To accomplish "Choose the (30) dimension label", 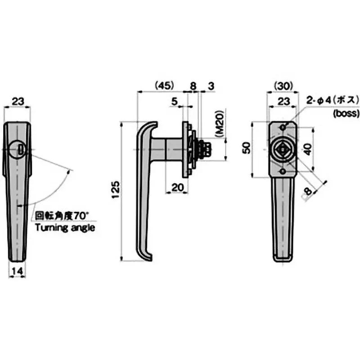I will pos(283,85).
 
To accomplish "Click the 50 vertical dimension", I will pos(246,148).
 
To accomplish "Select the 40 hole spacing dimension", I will pos(307,148).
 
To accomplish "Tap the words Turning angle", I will pos(65,228).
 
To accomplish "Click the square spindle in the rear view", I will pos(282,149).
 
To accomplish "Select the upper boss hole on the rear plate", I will pos(282,128).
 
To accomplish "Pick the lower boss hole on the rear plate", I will pos(282,171).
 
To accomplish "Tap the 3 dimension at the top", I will pos(210,85).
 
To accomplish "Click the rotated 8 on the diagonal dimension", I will pos(308,191).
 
